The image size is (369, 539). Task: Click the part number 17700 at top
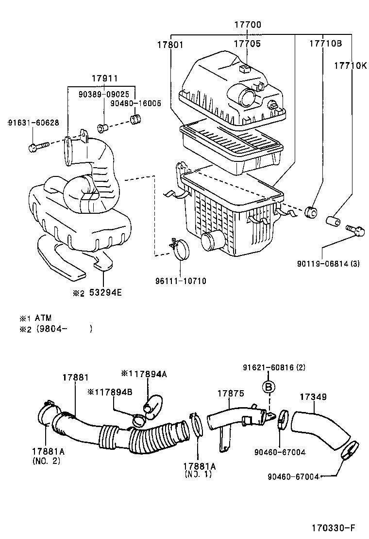point(248,25)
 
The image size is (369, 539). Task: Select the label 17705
point(248,44)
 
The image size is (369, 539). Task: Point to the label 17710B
point(326,44)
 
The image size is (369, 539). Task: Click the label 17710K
point(350,64)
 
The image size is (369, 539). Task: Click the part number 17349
point(313,397)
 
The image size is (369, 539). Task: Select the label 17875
point(230,394)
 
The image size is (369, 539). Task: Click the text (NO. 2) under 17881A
point(46,460)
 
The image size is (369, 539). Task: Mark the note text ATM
point(43,318)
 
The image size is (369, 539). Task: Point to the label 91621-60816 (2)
point(274,368)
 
